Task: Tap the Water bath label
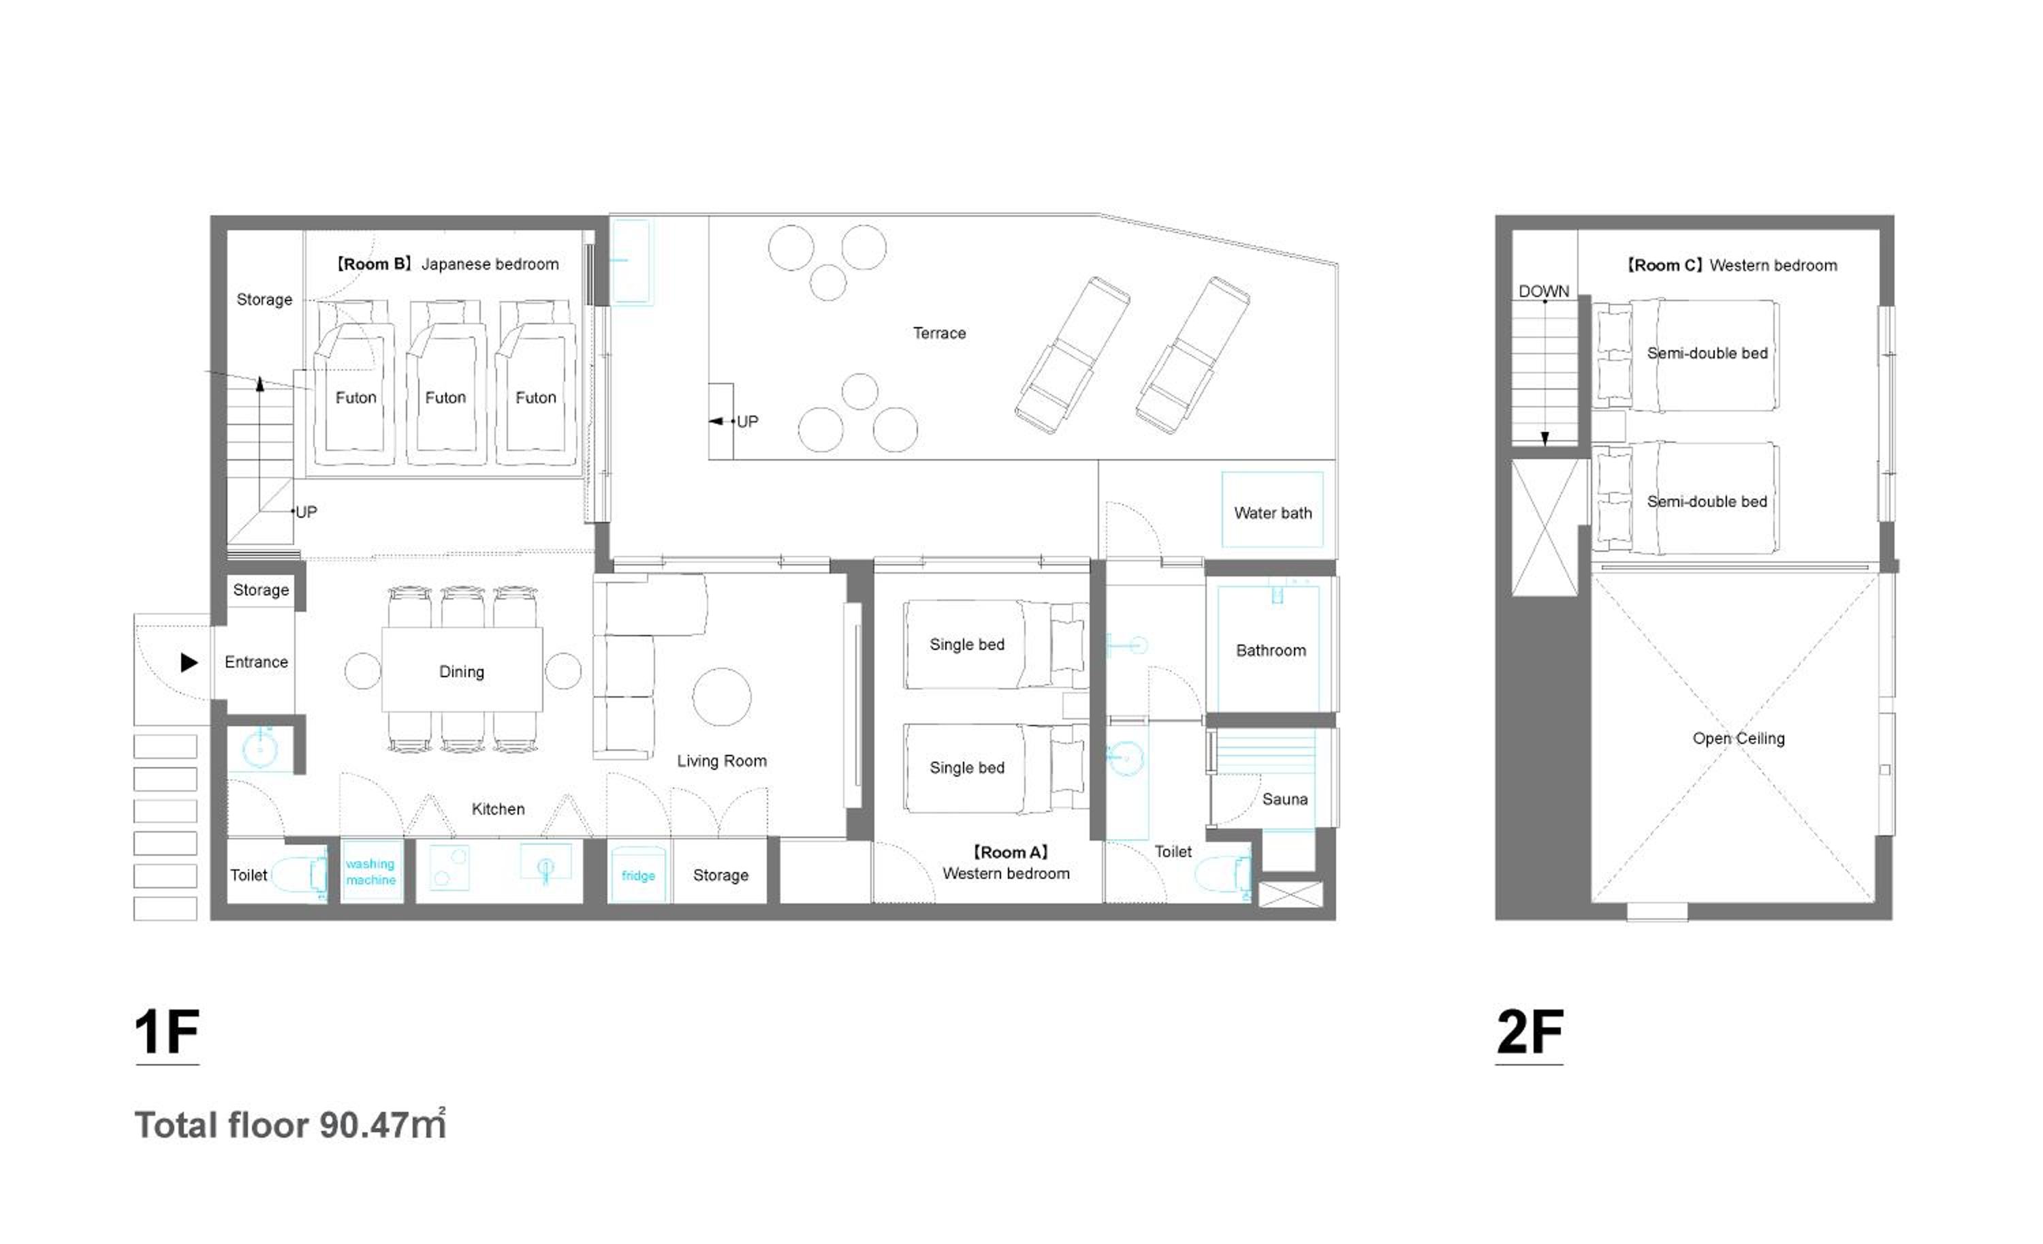[x=1273, y=514]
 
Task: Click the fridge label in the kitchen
[x=639, y=876]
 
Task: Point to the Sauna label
[x=1284, y=800]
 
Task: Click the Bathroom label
[x=1271, y=651]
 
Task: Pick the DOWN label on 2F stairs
[x=1544, y=291]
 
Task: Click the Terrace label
[x=939, y=333]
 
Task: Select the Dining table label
[x=462, y=672]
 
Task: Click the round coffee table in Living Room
[x=721, y=697]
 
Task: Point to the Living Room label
[x=721, y=762]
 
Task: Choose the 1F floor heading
[x=167, y=1033]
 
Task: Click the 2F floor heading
[x=1530, y=1033]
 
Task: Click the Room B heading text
[x=447, y=264]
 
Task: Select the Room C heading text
[x=1731, y=266]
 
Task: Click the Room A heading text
[x=1010, y=852]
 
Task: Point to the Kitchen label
[x=498, y=809]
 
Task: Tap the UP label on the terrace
[x=747, y=421]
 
